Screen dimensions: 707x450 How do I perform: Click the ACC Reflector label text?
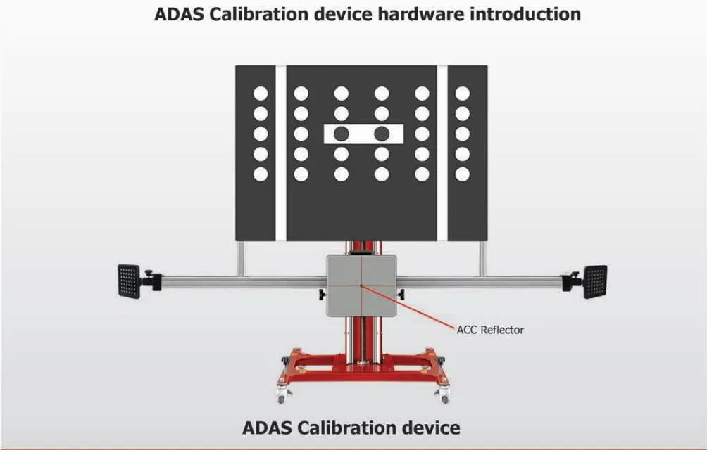[490, 330]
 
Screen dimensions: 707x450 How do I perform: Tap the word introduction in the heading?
[525, 14]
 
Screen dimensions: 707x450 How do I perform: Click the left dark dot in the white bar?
[342, 134]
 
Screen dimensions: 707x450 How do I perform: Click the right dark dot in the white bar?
[382, 134]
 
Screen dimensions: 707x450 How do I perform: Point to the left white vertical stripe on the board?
[280, 153]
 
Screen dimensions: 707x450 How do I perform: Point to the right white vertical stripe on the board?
[442, 153]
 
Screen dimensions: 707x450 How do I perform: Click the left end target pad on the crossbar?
[130, 281]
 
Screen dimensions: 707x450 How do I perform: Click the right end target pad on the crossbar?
[595, 282]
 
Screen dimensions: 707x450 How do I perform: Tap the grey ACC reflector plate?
[362, 285]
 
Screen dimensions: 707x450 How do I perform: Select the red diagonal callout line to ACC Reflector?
[408, 307]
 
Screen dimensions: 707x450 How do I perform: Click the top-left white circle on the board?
[261, 94]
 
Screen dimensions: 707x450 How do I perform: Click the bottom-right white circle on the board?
[462, 174]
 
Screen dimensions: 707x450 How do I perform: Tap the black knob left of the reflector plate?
[322, 295]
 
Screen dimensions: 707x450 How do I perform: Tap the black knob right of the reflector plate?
[401, 295]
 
